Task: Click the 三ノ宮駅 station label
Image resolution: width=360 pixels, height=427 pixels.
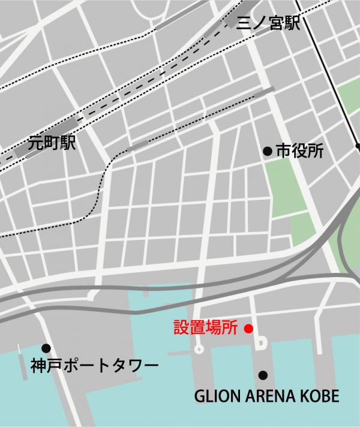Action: click(268, 24)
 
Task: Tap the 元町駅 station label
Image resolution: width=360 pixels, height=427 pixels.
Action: click(52, 144)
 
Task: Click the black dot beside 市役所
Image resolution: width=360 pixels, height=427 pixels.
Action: click(268, 152)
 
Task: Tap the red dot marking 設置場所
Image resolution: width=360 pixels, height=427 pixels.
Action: click(249, 328)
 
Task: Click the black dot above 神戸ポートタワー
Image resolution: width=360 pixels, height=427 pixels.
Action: click(46, 348)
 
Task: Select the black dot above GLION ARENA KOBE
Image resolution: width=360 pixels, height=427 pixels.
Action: click(262, 375)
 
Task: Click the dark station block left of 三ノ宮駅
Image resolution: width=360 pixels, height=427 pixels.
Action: click(232, 23)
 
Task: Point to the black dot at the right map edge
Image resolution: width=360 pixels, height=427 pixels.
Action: click(357, 146)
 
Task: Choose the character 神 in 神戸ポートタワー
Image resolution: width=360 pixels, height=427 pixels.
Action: click(38, 365)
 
